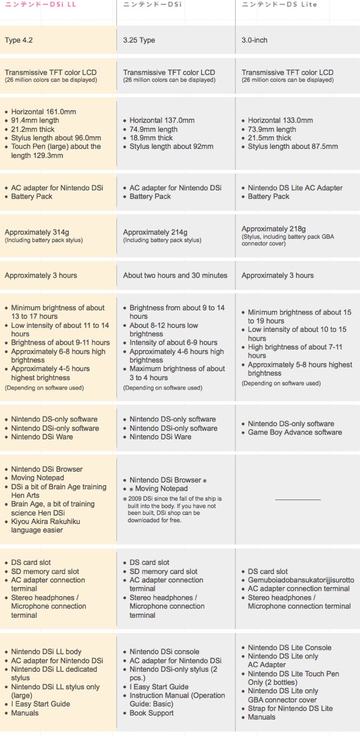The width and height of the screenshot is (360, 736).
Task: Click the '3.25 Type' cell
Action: (x=139, y=40)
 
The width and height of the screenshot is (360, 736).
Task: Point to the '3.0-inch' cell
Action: (x=254, y=40)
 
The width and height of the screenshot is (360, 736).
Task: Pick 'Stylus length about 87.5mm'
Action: (x=293, y=146)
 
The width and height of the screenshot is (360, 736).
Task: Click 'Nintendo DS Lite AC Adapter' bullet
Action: (x=295, y=188)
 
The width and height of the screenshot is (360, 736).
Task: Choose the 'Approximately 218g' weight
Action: (x=274, y=229)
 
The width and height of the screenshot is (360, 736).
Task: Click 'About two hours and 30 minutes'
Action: (x=175, y=276)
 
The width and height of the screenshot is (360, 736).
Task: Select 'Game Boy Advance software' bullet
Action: (x=295, y=432)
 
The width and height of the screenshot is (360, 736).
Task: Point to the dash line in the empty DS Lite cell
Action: (x=298, y=499)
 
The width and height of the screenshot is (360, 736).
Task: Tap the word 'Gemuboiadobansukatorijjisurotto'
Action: (x=301, y=581)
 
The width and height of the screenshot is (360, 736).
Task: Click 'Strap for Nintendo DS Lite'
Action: (x=290, y=708)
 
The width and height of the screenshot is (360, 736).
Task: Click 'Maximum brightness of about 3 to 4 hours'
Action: (x=177, y=373)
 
